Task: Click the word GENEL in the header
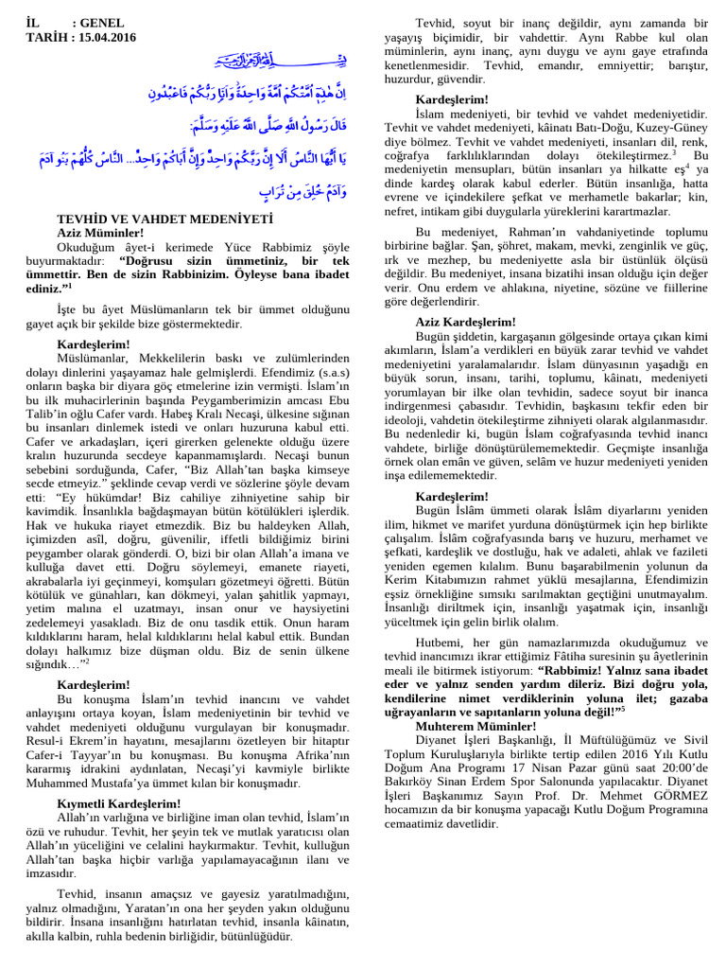pyautogui.click(x=101, y=22)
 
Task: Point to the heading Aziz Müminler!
pyautogui.click(x=101, y=231)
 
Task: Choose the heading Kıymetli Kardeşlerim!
pyautogui.click(x=119, y=803)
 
